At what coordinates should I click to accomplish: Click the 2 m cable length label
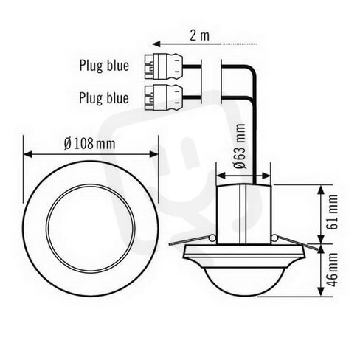coord(199,35)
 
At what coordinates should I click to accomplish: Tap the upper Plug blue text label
coord(104,66)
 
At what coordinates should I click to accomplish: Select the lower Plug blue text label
coord(104,98)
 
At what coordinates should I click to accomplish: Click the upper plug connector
coord(164,66)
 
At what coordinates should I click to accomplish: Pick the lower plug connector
coord(164,97)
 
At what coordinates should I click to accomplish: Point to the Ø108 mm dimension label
coord(90,144)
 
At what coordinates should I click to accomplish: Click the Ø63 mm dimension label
coord(240,146)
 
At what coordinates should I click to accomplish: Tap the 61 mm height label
coord(333,212)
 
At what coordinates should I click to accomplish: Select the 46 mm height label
coord(333,269)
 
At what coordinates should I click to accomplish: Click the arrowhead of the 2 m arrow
coord(156,44)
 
